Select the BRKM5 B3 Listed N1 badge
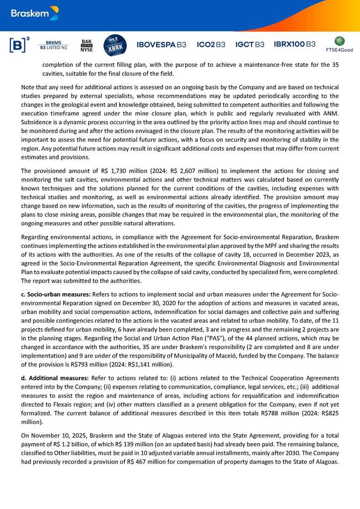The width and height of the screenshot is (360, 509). (53, 45)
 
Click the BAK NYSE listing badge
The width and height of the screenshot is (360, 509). (86, 45)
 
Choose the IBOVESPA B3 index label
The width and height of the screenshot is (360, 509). (161, 45)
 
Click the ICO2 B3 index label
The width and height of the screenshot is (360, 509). (211, 45)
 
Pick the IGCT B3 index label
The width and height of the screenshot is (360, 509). (250, 45)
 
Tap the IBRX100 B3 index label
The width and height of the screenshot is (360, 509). (295, 44)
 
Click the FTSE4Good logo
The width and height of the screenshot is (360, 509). (339, 44)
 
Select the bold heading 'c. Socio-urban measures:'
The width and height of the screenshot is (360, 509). (56, 294)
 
